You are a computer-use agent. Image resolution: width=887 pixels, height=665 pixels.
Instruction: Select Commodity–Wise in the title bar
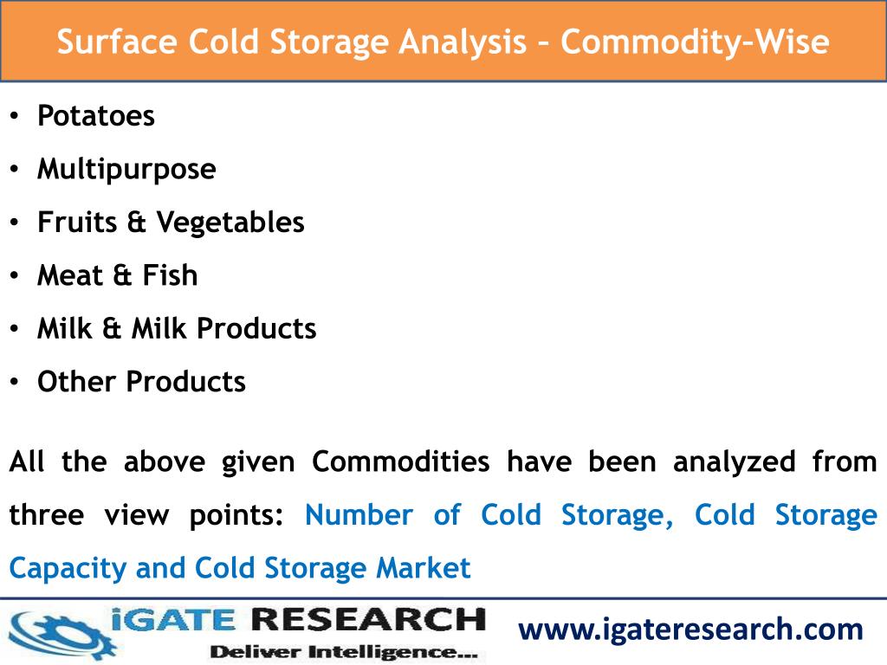pyautogui.click(x=695, y=41)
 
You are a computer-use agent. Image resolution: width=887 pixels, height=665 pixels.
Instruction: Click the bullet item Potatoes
pyautogui.click(x=95, y=115)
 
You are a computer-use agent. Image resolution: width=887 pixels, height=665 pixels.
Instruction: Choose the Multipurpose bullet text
pyautogui.click(x=126, y=169)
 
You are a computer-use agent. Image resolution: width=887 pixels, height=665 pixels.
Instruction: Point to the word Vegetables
pyautogui.click(x=230, y=223)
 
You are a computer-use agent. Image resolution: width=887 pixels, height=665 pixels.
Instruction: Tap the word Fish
pyautogui.click(x=170, y=275)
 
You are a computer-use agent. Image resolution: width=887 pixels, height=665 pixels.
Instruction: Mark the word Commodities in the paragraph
pyautogui.click(x=400, y=462)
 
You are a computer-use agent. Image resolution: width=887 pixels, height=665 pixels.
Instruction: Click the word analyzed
pyautogui.click(x=734, y=462)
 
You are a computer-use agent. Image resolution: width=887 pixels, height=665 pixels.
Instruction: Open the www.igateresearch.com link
pyautogui.click(x=690, y=629)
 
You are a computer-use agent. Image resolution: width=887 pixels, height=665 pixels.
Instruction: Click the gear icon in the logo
pyautogui.click(x=56, y=632)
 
